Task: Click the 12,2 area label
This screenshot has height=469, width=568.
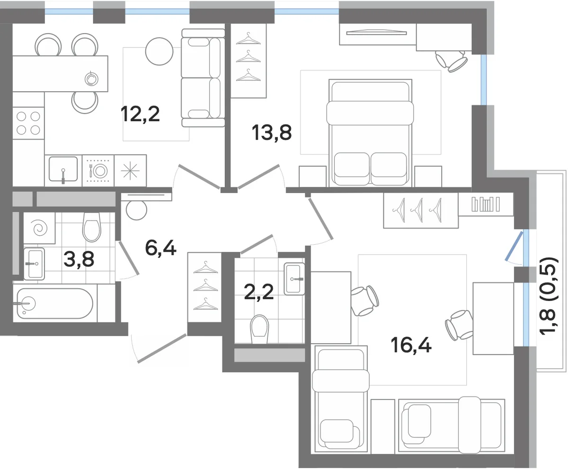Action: tap(140, 114)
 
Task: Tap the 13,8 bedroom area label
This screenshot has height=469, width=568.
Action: tap(272, 133)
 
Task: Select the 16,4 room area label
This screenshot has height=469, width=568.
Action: tap(411, 345)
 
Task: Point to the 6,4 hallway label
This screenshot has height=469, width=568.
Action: tap(161, 248)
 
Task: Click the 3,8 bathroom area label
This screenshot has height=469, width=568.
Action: tap(79, 259)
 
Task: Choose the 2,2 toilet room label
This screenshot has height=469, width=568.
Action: tap(259, 292)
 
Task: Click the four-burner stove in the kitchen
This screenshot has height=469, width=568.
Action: tap(28, 123)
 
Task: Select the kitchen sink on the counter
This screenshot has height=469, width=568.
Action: tap(63, 169)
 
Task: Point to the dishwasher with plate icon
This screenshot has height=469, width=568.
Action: tap(98, 171)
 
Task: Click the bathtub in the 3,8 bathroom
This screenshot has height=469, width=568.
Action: tap(55, 303)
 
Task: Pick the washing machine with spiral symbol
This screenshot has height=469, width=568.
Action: tap(39, 228)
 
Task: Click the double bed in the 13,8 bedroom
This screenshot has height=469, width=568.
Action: tap(370, 133)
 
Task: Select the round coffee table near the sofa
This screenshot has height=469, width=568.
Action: tap(159, 52)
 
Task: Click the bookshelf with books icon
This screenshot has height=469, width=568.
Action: tap(486, 204)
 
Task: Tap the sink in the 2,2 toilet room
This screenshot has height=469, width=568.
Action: tap(294, 279)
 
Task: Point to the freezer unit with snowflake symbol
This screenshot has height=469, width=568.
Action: tap(130, 171)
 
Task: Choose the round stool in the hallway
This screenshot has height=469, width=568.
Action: tap(136, 210)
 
